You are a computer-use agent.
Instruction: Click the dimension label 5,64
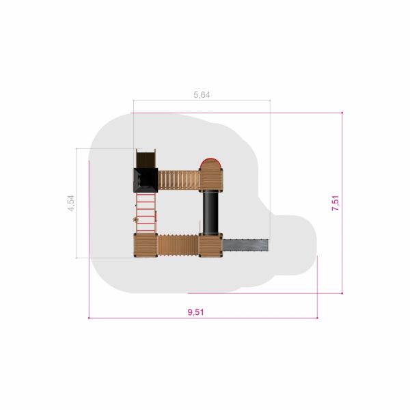coord(202,95)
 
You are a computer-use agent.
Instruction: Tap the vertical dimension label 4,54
coord(71,203)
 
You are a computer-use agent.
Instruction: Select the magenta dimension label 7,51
coord(336,203)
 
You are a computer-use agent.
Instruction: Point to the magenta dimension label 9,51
coord(195,312)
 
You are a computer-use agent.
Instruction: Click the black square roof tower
coord(146,180)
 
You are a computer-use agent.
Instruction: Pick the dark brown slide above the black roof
coord(146,159)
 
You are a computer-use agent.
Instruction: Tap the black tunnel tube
coord(210,213)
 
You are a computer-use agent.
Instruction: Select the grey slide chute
coord(245,245)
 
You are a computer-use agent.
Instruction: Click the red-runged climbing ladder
coord(146,213)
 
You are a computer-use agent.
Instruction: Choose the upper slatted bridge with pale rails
coord(178,180)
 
